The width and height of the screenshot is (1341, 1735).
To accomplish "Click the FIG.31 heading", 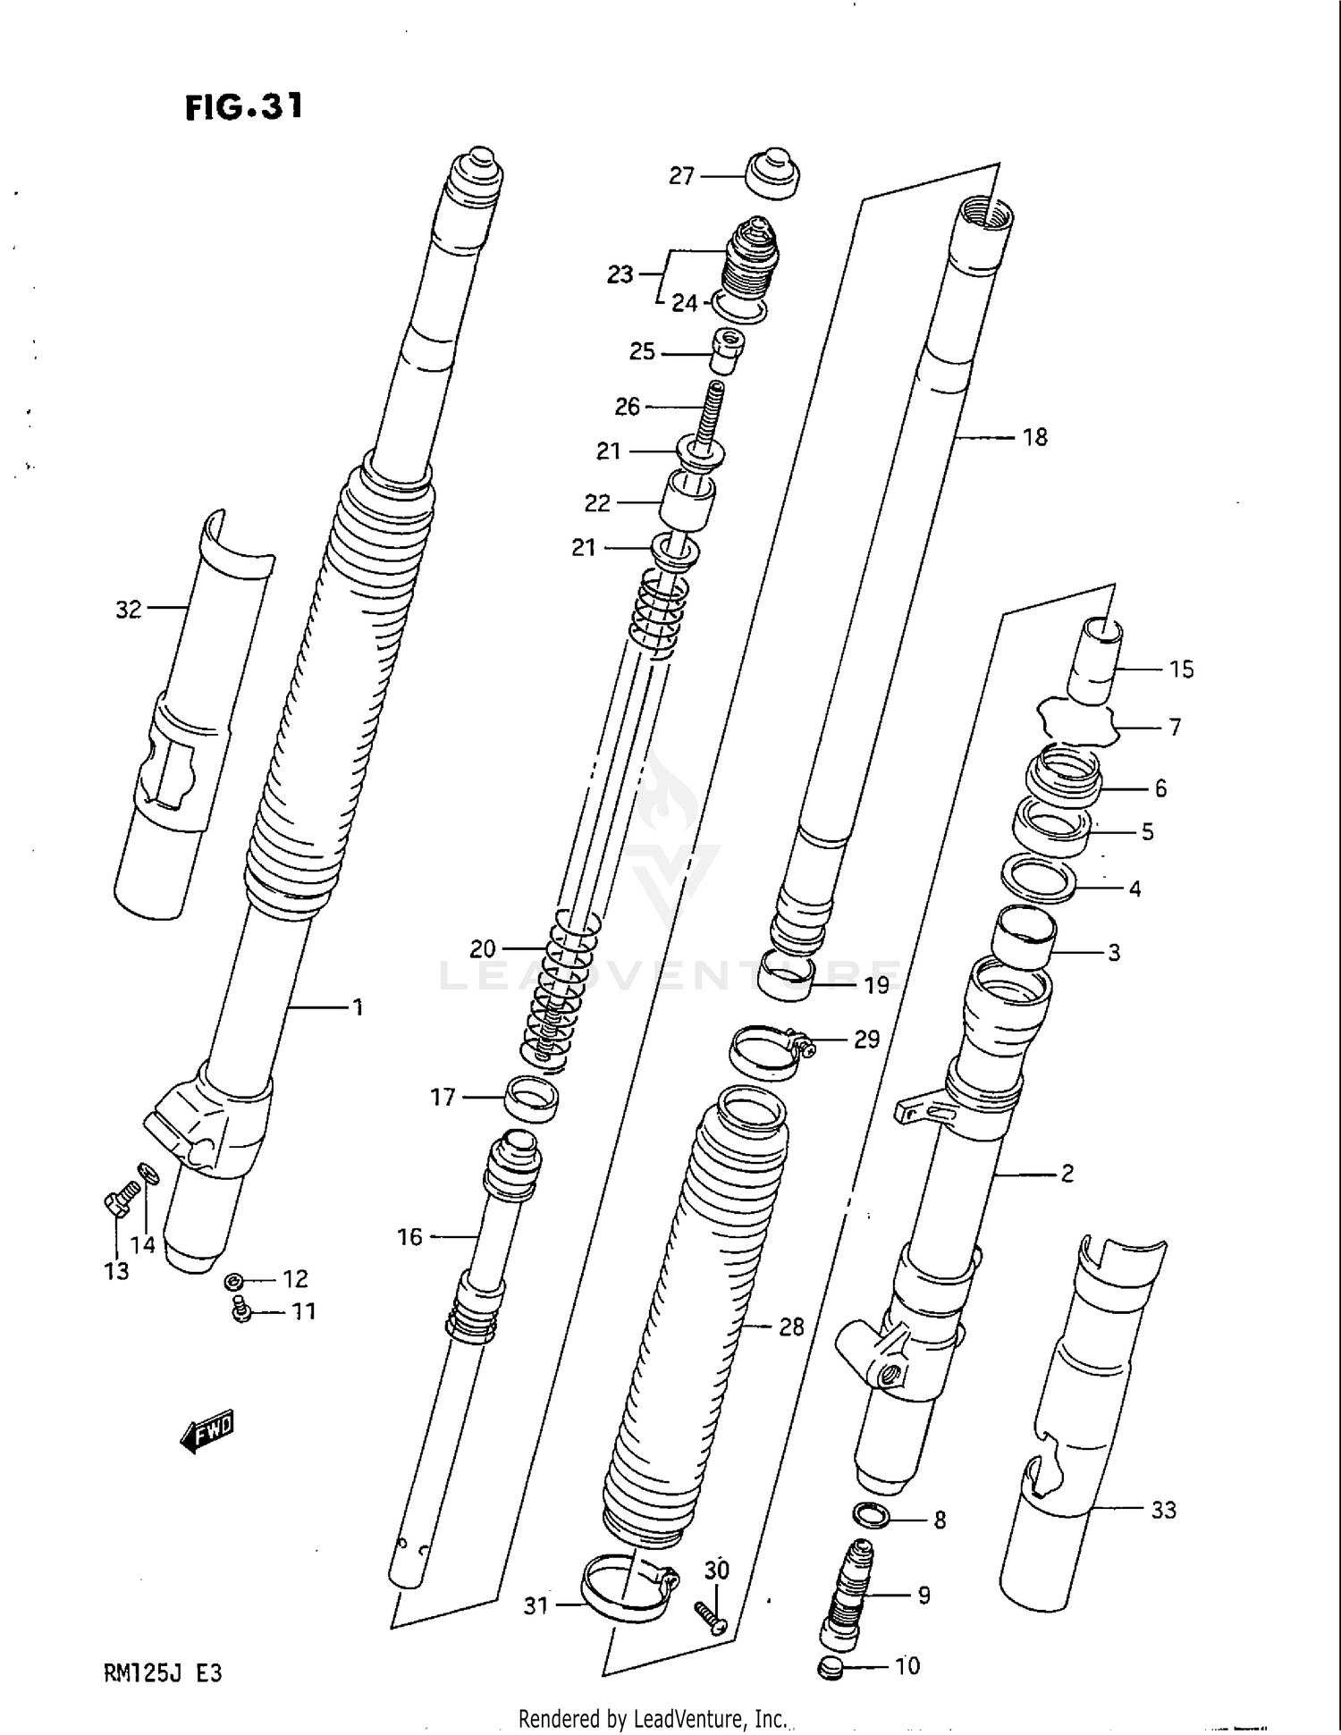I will (x=243, y=107).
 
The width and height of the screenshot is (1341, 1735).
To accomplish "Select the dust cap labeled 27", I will (x=772, y=174).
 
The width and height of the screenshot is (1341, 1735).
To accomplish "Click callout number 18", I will (x=1034, y=438).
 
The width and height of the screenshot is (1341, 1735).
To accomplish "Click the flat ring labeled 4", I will (x=1037, y=880).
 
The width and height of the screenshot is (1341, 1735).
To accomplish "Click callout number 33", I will (x=1163, y=1510).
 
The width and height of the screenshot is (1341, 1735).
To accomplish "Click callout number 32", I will (x=129, y=610).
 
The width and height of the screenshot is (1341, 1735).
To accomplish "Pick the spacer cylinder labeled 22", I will (x=687, y=501).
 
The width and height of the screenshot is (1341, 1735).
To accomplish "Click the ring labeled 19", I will (x=787, y=976).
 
